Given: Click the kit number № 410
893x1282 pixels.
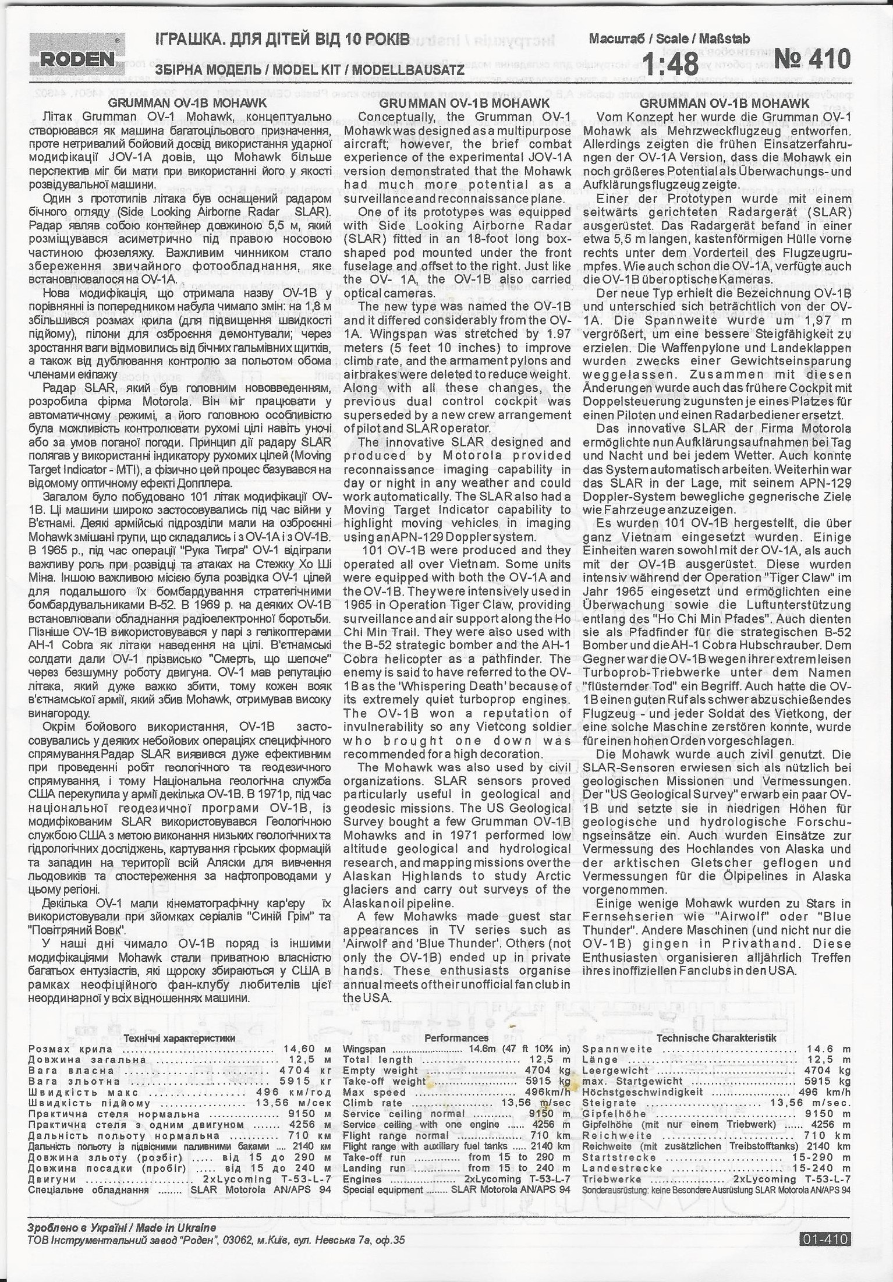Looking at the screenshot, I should coord(812,59).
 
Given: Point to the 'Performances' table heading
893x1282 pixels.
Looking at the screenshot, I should coord(456,1037).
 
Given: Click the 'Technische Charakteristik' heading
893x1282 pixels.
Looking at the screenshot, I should coord(716,1037).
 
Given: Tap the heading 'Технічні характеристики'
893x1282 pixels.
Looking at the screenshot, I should coord(179,1038).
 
